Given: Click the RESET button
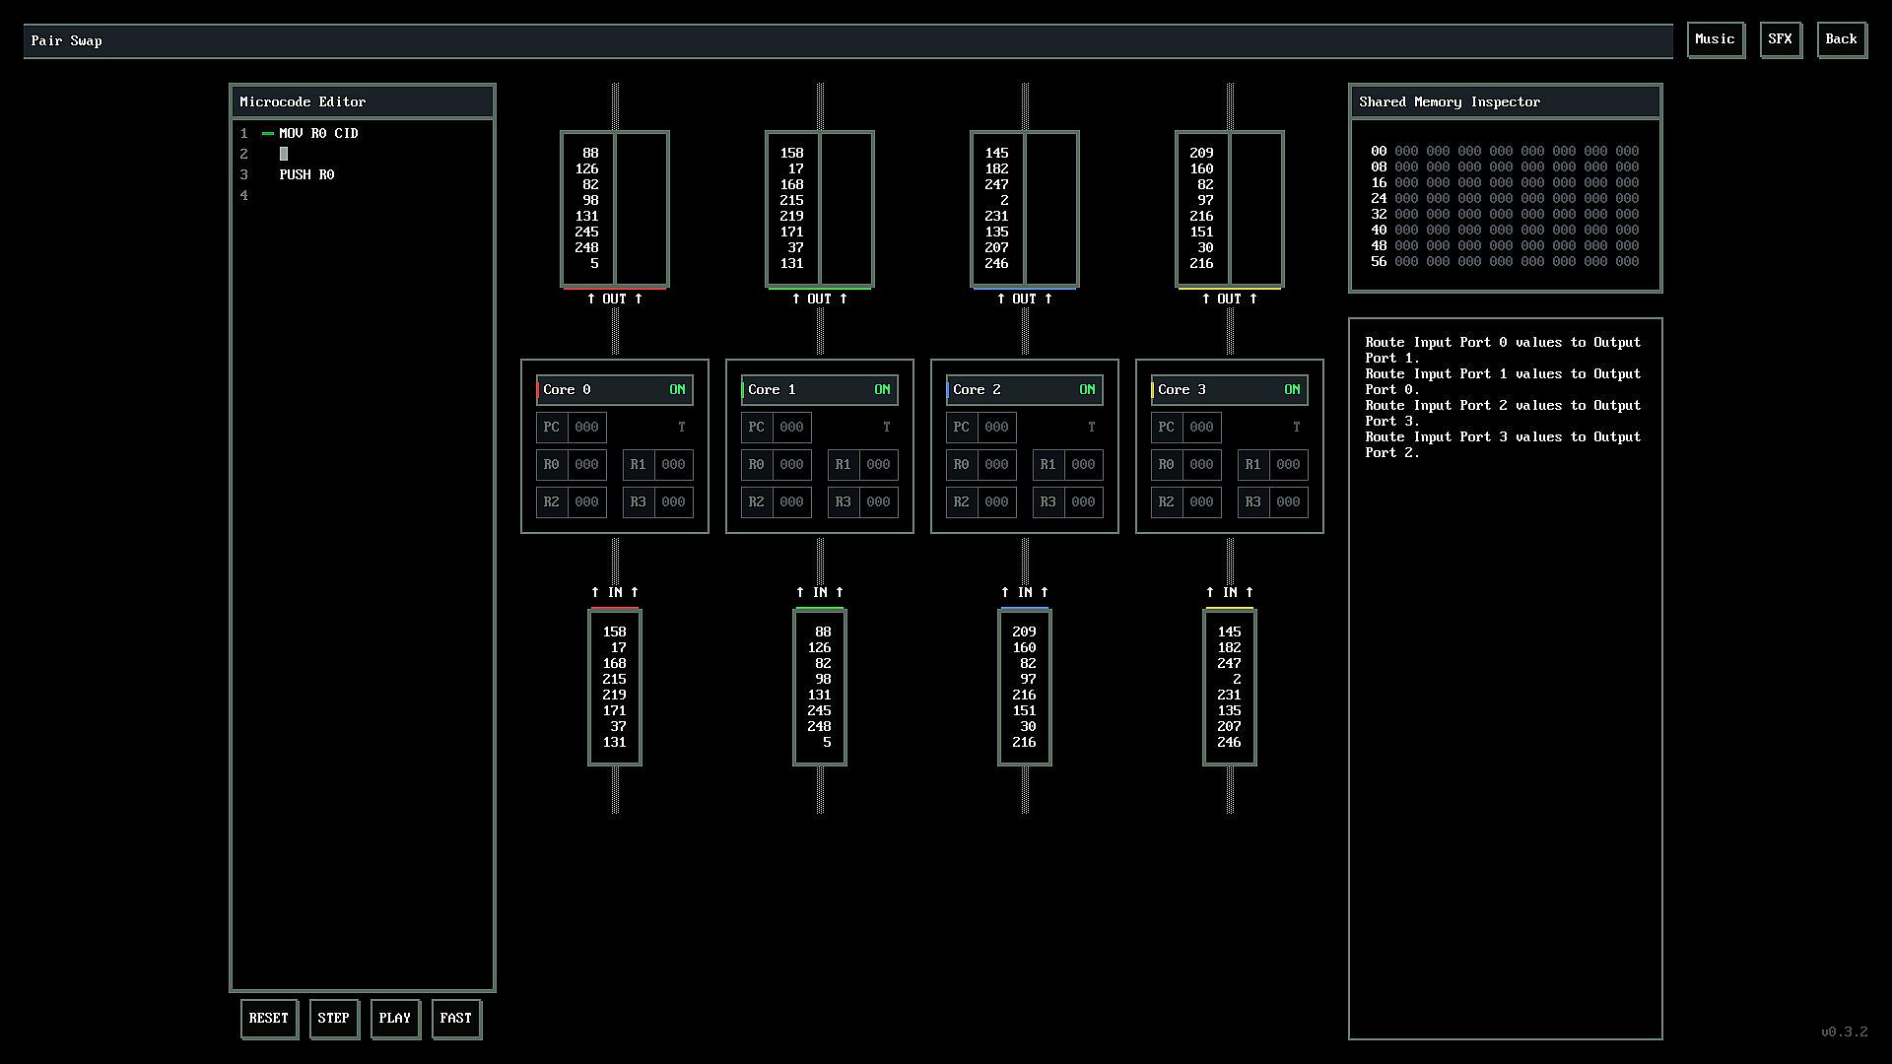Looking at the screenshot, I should (268, 1019).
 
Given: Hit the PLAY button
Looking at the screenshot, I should (394, 1019).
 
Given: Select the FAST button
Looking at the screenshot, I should (455, 1019).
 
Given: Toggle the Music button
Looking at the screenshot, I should (1715, 39).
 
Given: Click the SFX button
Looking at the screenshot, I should (1780, 39).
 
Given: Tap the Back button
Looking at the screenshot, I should (1841, 39).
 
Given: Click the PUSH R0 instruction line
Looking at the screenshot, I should (306, 174).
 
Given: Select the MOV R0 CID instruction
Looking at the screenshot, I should (318, 133).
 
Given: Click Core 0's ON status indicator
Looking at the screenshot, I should (677, 389).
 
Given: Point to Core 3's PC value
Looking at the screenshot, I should (1201, 427).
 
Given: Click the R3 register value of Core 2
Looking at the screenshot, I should (1083, 501).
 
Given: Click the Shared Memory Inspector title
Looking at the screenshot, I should (1449, 101).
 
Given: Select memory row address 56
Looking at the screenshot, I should (1378, 261).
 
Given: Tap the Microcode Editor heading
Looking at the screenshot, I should (303, 101).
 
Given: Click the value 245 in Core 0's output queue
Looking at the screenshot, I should (586, 232).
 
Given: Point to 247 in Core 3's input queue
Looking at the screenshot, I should (1229, 663).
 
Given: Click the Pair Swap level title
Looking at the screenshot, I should (66, 40).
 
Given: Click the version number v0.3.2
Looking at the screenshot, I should (1844, 1031).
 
